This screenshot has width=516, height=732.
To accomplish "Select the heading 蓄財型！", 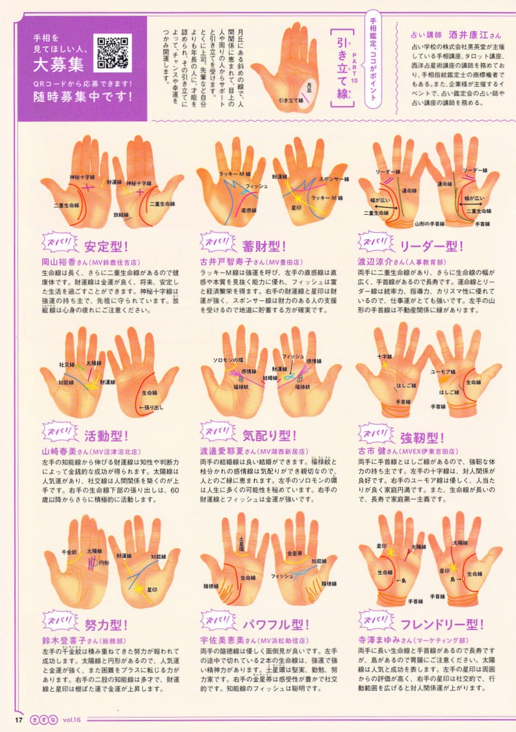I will [x=264, y=247].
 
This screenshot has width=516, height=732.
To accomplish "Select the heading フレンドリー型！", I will [x=442, y=625].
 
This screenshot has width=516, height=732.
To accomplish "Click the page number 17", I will [x=19, y=719].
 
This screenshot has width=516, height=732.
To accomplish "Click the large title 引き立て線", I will [x=342, y=66].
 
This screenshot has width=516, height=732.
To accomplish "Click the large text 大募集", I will [x=59, y=65].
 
